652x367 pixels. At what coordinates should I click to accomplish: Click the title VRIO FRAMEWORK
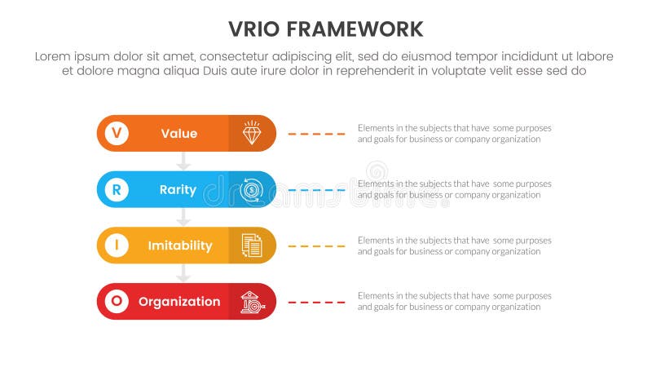pyautogui.click(x=325, y=29)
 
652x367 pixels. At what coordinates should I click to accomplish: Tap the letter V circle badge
pyautogui.click(x=117, y=133)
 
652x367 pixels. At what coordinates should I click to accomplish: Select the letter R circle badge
pyautogui.click(x=117, y=189)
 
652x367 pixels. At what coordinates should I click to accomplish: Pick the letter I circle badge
pyautogui.click(x=117, y=245)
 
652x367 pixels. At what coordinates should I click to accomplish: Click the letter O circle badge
pyautogui.click(x=117, y=302)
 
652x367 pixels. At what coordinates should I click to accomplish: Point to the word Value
pyautogui.click(x=178, y=133)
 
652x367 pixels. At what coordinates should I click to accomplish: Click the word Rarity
pyautogui.click(x=178, y=189)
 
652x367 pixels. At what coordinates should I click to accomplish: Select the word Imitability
pyautogui.click(x=179, y=245)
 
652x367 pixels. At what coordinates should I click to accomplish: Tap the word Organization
pyautogui.click(x=179, y=302)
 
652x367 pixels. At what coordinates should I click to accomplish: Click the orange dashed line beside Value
pyautogui.click(x=316, y=133)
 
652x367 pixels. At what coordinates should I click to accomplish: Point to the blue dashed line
pyautogui.click(x=316, y=189)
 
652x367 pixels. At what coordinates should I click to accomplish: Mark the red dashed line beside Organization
pyautogui.click(x=316, y=302)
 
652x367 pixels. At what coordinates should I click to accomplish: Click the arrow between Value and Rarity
pyautogui.click(x=184, y=161)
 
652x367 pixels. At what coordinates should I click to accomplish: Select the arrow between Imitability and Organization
pyautogui.click(x=184, y=273)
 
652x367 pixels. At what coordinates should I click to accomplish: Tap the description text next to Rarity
pyautogui.click(x=454, y=189)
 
